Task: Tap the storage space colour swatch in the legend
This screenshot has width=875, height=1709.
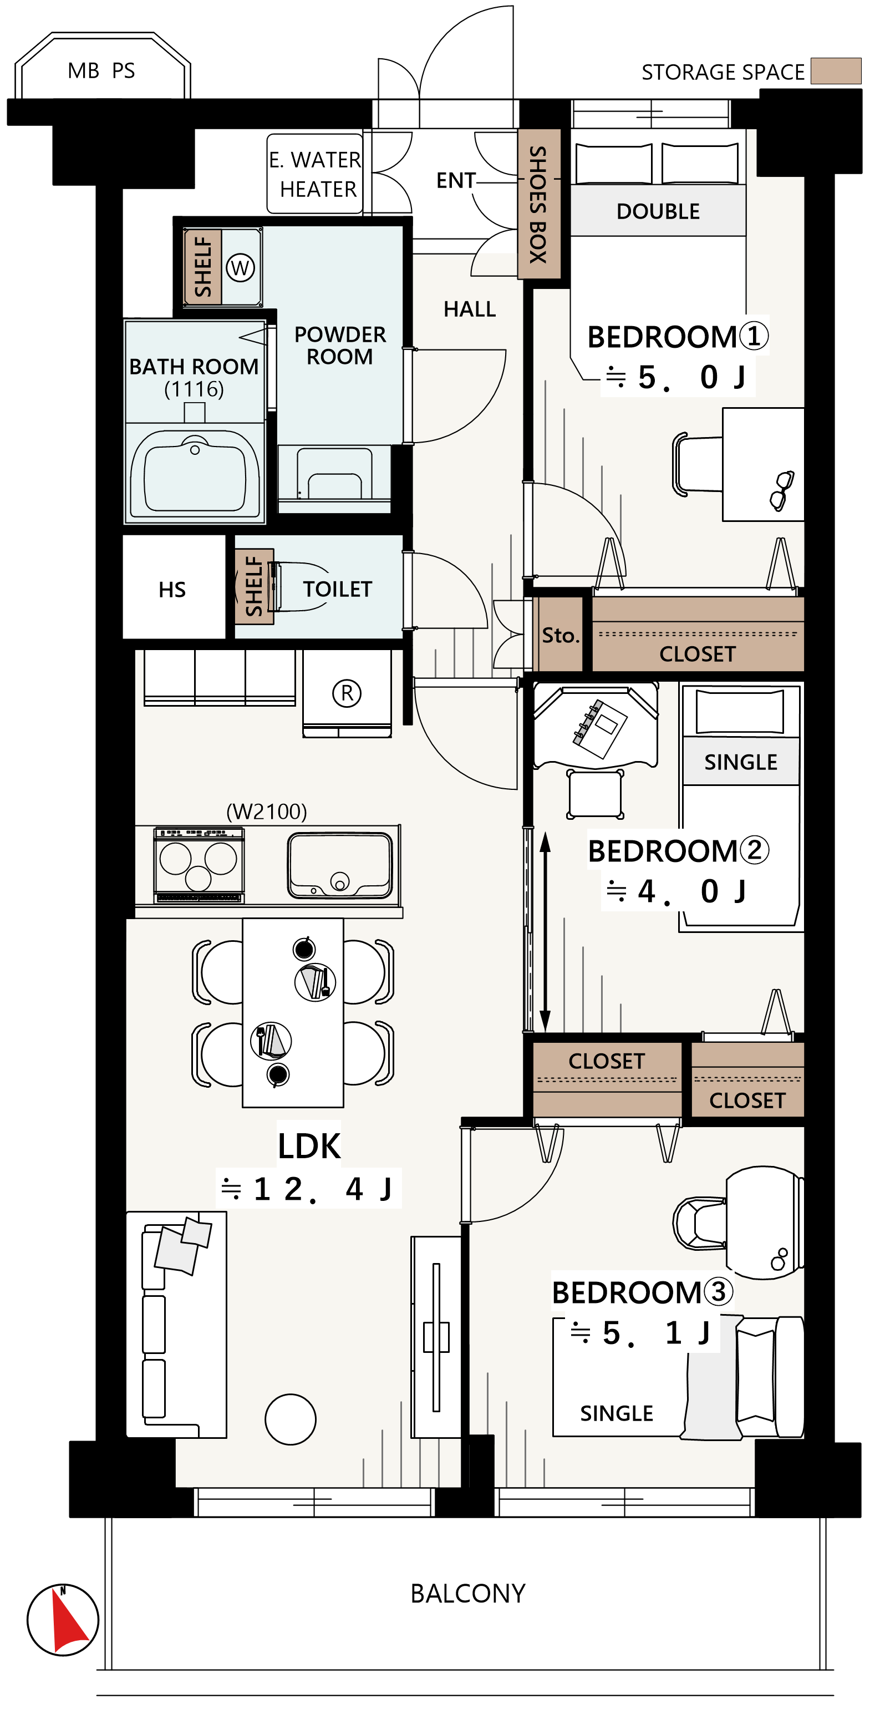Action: pyautogui.click(x=836, y=70)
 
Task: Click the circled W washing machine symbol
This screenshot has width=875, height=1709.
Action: pyautogui.click(x=240, y=268)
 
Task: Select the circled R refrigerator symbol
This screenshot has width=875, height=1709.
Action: pyautogui.click(x=347, y=693)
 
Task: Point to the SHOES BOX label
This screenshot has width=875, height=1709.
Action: pyautogui.click(x=538, y=204)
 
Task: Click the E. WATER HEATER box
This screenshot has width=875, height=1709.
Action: pyautogui.click(x=315, y=174)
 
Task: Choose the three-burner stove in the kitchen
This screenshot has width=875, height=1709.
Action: pyautogui.click(x=199, y=865)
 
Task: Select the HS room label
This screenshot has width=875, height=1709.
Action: pyautogui.click(x=172, y=589)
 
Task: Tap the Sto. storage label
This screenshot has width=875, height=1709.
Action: pyautogui.click(x=561, y=635)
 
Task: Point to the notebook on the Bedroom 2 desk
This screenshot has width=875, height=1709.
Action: pyautogui.click(x=600, y=728)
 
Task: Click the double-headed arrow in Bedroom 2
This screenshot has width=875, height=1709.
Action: pyautogui.click(x=545, y=931)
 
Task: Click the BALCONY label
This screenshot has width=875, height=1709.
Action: pyautogui.click(x=467, y=1594)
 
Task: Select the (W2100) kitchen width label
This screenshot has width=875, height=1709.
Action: pyautogui.click(x=267, y=811)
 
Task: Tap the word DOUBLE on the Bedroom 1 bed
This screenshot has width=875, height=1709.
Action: pyautogui.click(x=658, y=211)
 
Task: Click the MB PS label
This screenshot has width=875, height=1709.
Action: pyautogui.click(x=101, y=70)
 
